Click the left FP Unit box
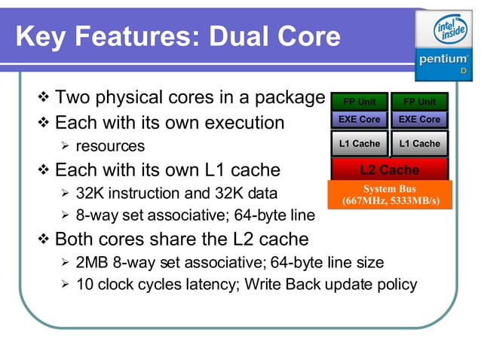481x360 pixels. point(359,102)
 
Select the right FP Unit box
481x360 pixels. point(419,102)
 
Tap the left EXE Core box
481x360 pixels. point(359,119)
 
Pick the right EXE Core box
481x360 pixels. point(419,119)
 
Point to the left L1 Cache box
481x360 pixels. point(359,143)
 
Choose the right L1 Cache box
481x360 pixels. point(419,143)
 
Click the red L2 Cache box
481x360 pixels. point(389,170)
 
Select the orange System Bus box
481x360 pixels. point(390,194)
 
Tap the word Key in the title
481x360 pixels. point(42,36)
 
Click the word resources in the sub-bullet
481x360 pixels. point(110,145)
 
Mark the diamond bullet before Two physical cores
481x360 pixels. point(43,98)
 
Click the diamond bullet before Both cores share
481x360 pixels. point(43,239)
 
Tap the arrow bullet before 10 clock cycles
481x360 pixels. point(65,285)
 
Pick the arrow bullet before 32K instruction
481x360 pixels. point(65,193)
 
